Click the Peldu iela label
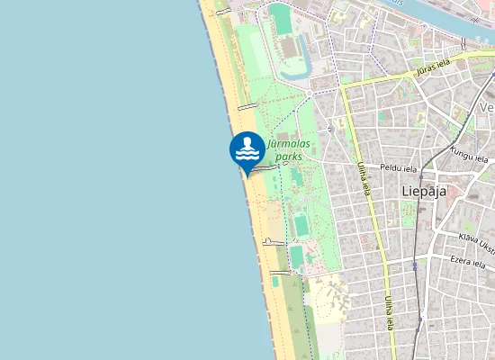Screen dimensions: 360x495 coord(399,168)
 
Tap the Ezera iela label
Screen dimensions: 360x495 coord(467,261)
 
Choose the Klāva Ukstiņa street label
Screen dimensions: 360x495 coord(476,240)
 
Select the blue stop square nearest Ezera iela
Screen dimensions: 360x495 coord(415,265)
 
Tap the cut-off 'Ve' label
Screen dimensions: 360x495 coord(486,107)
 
